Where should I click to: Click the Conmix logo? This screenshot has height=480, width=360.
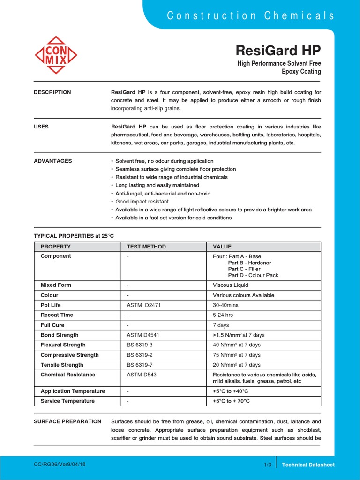(x=56, y=55)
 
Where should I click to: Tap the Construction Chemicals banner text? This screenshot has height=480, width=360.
(x=251, y=15)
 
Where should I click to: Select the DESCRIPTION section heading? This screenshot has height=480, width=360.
(x=52, y=92)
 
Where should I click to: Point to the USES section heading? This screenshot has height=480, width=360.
(x=41, y=127)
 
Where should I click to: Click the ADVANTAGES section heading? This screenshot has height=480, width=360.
(x=53, y=161)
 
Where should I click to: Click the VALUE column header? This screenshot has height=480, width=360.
(x=222, y=247)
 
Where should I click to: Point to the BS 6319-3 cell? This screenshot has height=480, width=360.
(x=140, y=345)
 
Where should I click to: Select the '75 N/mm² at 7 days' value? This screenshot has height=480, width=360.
(x=237, y=355)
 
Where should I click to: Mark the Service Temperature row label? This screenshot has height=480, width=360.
(x=67, y=401)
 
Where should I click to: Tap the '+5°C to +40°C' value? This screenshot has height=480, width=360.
(x=231, y=391)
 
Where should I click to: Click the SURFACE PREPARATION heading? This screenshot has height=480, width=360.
(x=67, y=421)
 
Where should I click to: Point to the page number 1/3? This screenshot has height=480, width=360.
(x=268, y=465)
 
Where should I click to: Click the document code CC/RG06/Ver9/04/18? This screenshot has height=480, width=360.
(x=60, y=464)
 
